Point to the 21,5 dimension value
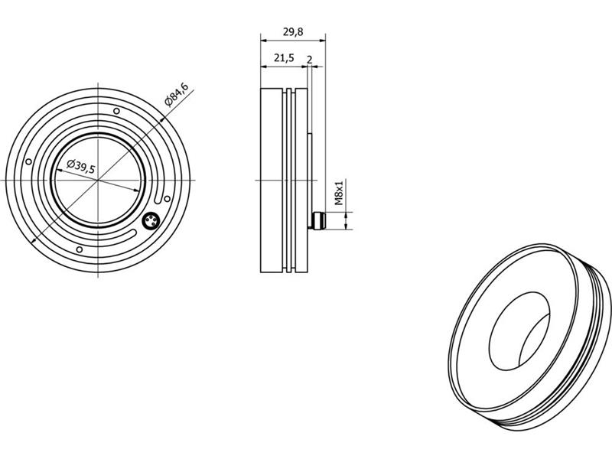[284, 58]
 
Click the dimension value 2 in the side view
[309, 58]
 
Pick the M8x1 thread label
[340, 195]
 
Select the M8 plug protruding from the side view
[317, 221]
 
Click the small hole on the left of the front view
[28, 161]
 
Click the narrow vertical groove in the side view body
[288, 180]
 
